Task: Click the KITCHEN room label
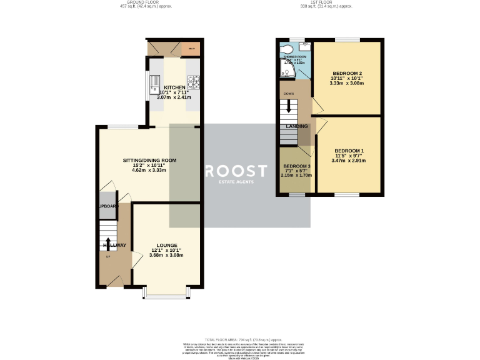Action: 174,87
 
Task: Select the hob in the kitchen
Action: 193,81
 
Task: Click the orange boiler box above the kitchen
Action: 191,48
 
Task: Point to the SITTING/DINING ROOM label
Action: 149,160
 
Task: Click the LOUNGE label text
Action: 167,245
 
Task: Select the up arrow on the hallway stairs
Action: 107,244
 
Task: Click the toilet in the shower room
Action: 288,49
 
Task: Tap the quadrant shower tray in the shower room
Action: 289,72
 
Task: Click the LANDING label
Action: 297,126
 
